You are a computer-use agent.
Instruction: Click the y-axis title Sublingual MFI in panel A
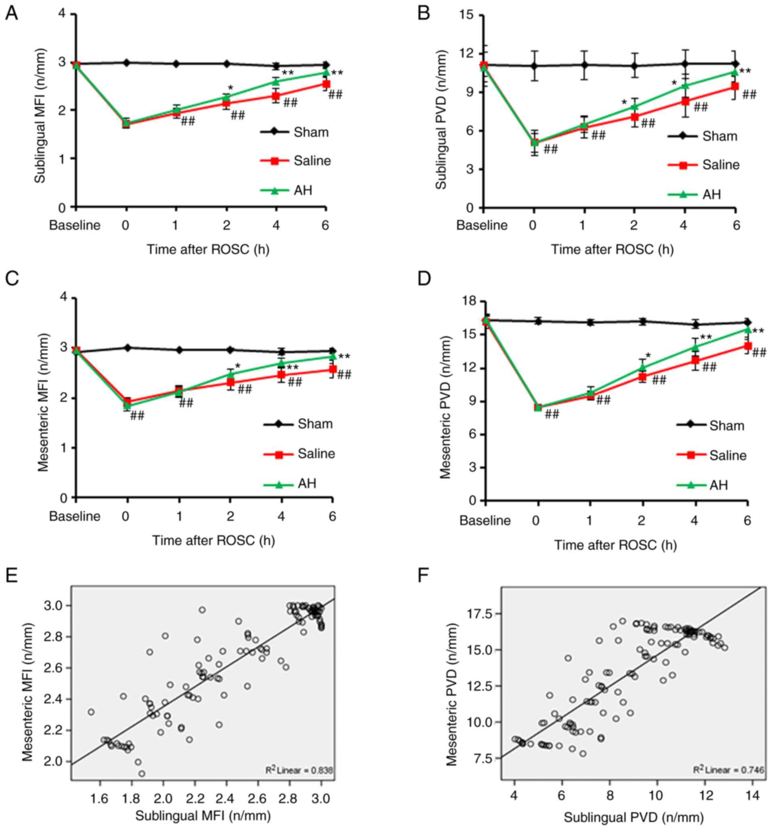40,116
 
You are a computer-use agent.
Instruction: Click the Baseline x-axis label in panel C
75,517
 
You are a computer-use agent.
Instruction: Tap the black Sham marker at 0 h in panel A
126,63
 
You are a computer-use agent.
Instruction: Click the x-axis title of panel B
612,250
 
